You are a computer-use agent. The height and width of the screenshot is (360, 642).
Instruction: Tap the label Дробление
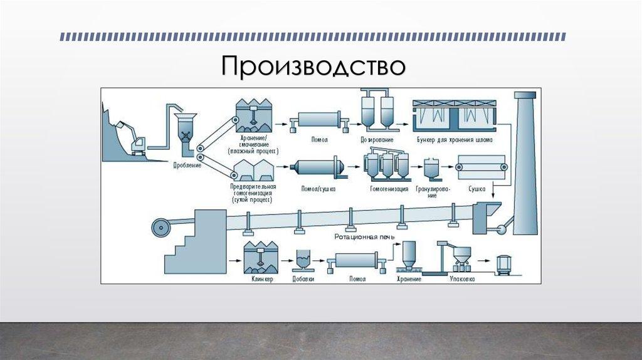coord(187,166)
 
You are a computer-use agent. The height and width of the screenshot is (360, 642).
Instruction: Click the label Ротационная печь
coord(355,237)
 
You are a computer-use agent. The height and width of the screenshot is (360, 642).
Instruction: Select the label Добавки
coord(303,278)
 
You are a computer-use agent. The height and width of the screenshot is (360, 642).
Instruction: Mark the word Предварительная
coord(254,187)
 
